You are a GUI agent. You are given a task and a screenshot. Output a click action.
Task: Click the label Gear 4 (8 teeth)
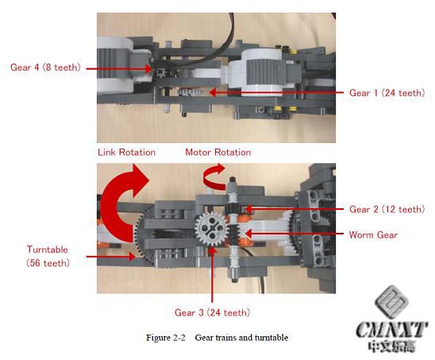(x=45, y=68)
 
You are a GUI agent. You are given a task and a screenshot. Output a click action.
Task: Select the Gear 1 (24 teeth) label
(x=387, y=93)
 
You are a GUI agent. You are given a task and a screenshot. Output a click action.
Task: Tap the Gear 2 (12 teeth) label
(x=387, y=209)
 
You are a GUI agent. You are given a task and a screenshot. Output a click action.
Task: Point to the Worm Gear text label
(x=373, y=235)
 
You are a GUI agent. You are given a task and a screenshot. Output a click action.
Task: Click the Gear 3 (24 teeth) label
(x=212, y=313)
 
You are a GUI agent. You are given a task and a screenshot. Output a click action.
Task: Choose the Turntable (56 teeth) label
(x=48, y=256)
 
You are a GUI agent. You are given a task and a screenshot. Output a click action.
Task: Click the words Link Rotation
(x=126, y=153)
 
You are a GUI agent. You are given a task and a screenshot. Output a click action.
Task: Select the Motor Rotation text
(x=218, y=153)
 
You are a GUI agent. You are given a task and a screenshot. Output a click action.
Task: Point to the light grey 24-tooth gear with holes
(x=212, y=229)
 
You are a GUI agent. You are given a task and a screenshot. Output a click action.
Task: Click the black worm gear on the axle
(x=235, y=231)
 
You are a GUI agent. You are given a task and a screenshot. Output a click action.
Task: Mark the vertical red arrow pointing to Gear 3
(x=212, y=274)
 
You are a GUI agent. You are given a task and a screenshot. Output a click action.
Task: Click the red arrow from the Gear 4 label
(x=120, y=68)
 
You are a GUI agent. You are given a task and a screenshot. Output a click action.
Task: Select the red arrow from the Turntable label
(x=110, y=257)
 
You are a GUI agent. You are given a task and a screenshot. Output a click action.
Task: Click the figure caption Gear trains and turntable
(x=241, y=338)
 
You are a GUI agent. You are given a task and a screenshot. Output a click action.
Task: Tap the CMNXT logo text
(x=391, y=330)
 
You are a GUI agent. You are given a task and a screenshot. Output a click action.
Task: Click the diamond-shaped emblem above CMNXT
(x=391, y=302)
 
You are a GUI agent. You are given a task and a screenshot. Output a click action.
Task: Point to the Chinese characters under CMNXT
(x=391, y=346)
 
